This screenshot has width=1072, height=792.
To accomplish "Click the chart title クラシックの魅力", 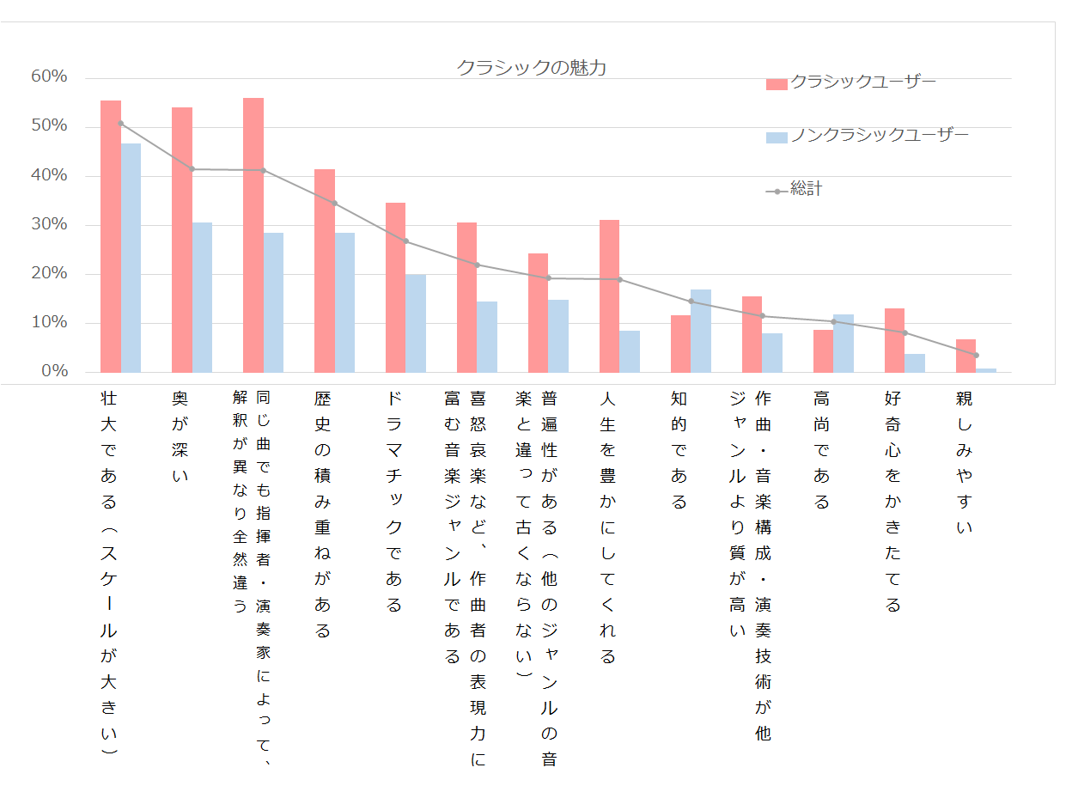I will point(531,67).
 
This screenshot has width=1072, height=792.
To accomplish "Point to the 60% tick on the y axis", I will point(49,76).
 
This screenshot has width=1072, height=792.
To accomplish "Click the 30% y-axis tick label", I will point(49,224).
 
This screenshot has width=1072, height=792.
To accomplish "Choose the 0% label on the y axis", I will point(53,371).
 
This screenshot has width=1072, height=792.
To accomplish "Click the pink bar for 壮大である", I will point(111,236).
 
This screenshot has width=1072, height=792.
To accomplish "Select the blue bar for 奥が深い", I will point(202,297).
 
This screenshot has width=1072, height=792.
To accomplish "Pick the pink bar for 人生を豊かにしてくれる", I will point(609,295).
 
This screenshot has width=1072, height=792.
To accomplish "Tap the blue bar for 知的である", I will point(701,331).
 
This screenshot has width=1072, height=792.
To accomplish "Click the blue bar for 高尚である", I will point(844,343).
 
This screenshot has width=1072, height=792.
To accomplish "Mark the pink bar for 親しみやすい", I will point(965,356).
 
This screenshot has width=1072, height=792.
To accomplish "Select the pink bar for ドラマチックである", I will point(395,287).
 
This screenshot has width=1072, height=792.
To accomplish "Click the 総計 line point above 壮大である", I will point(121,123).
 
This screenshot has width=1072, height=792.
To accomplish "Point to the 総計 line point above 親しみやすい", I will point(976,355).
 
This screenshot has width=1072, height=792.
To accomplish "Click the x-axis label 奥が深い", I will point(180,437).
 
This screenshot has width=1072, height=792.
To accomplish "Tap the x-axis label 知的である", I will point(679,450).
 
